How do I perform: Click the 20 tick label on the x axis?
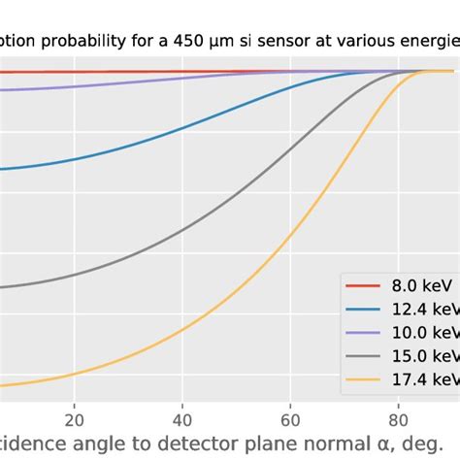click(x=74, y=420)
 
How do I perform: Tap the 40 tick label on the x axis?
click(x=181, y=420)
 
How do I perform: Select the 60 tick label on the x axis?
click(x=290, y=420)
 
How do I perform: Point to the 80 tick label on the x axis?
click(x=398, y=420)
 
